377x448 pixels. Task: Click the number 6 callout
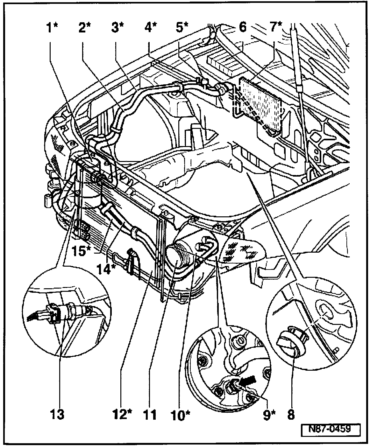click(x=243, y=28)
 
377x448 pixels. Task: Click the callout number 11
click(x=150, y=415)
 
